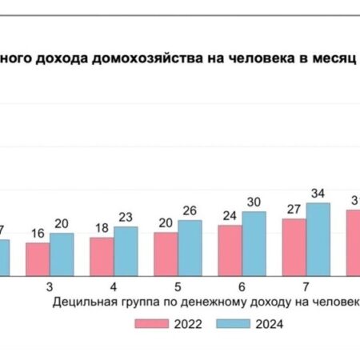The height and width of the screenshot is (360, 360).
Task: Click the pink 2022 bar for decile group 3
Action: [37, 258]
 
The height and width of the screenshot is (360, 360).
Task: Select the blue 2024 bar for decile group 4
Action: [126, 250]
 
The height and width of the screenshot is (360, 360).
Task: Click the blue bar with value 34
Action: [318, 238]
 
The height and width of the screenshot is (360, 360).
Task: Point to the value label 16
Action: [37, 234]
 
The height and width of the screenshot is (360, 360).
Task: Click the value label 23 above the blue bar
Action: [126, 218]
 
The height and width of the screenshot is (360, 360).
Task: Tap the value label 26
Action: [190, 211]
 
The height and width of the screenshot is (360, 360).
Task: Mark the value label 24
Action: [230, 216]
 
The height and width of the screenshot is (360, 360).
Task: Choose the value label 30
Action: [254, 202]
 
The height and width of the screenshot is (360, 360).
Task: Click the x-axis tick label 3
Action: [50, 286]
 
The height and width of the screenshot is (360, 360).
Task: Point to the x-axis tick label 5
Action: [178, 286]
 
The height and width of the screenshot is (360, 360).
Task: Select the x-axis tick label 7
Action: [306, 286]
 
